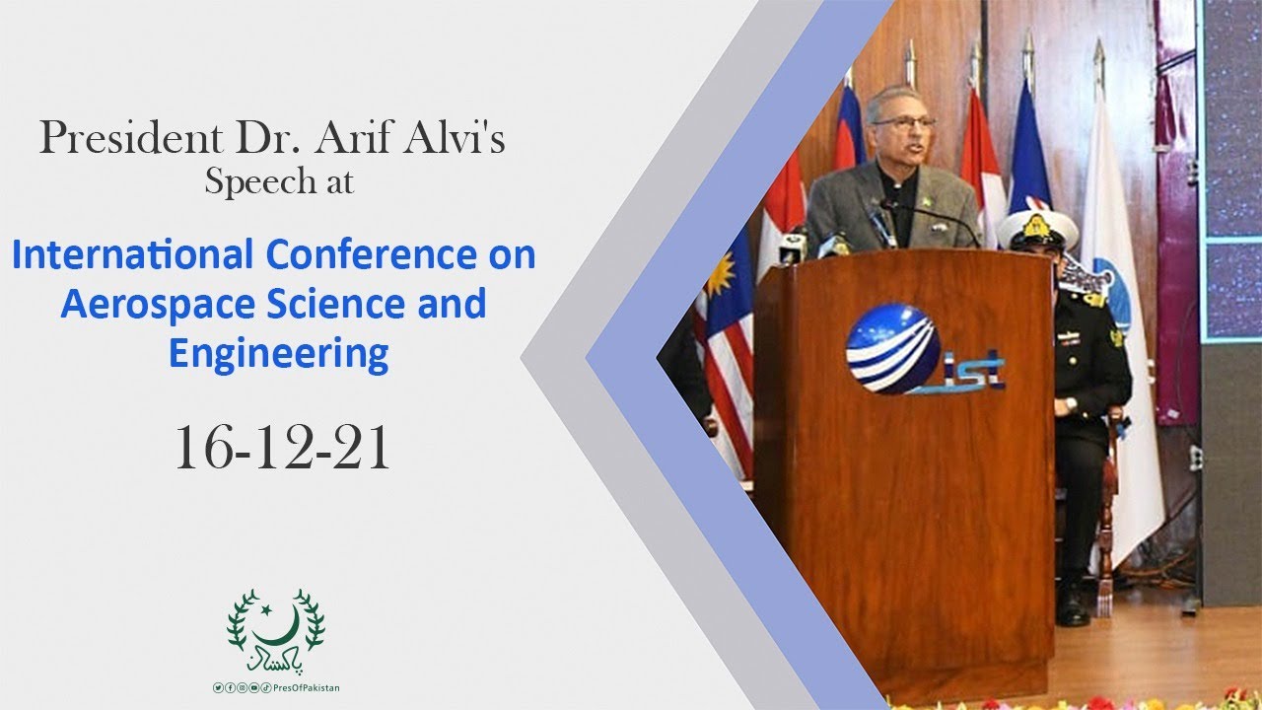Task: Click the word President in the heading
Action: [x=131, y=138]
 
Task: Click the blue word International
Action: [x=132, y=254]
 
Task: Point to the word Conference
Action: [x=372, y=254]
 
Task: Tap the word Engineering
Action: [x=279, y=354]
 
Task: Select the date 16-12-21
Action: [x=283, y=448]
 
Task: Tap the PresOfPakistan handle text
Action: [x=306, y=688]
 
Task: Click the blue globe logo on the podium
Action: [x=893, y=348]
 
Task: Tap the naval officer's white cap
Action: [x=1037, y=228]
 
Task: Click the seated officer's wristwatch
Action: [x=1071, y=404]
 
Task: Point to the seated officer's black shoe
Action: [x=1073, y=607]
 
